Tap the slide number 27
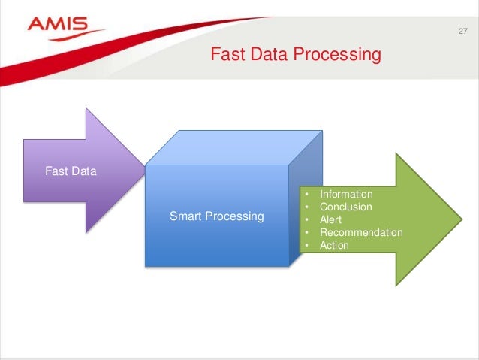462,32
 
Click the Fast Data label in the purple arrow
71,171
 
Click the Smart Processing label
216,216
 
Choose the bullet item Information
345,194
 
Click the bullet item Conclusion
345,207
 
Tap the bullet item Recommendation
361,232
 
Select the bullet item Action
334,245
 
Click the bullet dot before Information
307,195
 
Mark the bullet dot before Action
307,246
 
